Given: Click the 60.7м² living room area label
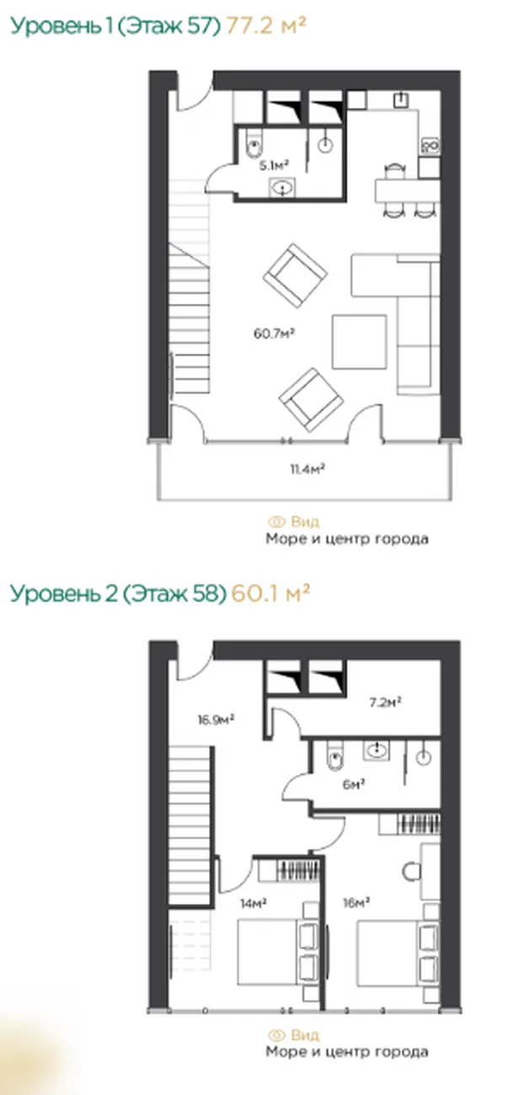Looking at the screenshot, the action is [274, 334].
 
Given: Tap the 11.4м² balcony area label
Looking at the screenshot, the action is [308, 469].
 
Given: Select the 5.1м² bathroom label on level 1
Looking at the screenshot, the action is [274, 166].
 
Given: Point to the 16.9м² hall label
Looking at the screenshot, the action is [216, 719].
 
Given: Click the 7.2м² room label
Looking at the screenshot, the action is [385, 702].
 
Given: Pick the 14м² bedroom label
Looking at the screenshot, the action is [254, 903].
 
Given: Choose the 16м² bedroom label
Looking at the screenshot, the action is [356, 902].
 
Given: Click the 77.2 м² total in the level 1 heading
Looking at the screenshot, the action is [265, 25].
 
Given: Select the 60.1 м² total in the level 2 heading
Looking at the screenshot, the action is [270, 593].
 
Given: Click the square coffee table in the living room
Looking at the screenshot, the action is [360, 342].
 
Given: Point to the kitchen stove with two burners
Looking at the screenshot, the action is [431, 145].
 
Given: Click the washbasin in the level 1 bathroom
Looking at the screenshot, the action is [282, 187].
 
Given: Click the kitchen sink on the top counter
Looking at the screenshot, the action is [401, 100].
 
